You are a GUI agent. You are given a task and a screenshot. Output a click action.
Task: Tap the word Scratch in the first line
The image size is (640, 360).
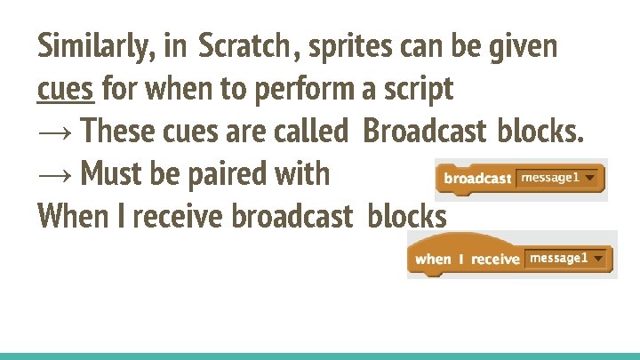[x=244, y=46]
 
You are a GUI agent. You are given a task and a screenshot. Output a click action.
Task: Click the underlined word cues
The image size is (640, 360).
[x=66, y=89]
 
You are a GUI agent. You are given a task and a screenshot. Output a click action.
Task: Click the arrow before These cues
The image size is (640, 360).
[x=56, y=132]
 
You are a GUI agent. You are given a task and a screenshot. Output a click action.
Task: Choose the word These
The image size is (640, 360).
[x=122, y=132]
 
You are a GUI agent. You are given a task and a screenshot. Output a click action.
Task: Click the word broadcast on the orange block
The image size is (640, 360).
[x=477, y=179]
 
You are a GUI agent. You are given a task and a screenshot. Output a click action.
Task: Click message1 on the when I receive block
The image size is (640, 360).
[x=558, y=258]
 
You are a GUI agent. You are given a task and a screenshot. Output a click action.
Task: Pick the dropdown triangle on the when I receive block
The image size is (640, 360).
[x=600, y=259]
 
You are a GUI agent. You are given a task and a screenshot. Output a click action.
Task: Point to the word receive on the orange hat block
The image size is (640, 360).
[x=494, y=259]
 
